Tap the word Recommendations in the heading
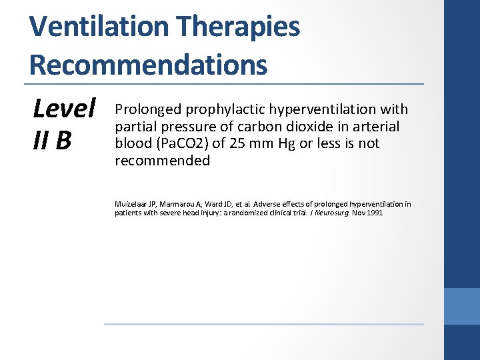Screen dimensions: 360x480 (148, 65)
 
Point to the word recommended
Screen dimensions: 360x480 (162, 161)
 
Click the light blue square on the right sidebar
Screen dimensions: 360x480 (462, 306)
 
